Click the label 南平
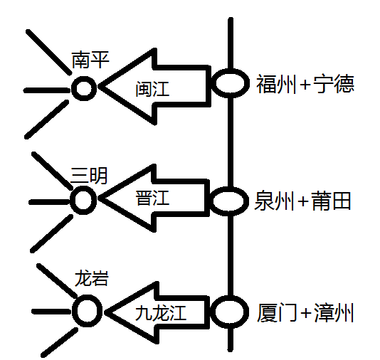pos(90,60)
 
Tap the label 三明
pos(89,176)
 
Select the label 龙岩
pos(91,277)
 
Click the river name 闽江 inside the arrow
pos(152,89)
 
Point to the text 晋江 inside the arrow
pos(152,198)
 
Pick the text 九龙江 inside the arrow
pos(161,312)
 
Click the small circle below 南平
pos(84,88)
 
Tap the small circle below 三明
pos(83,200)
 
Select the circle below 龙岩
pos(88,311)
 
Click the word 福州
pos(277,84)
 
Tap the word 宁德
pos(334,84)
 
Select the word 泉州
pos(274,201)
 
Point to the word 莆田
pos(332,201)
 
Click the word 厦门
pos(277,312)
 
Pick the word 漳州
pos(334,312)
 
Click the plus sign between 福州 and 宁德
pos(305,85)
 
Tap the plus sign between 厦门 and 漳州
pos(305,313)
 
